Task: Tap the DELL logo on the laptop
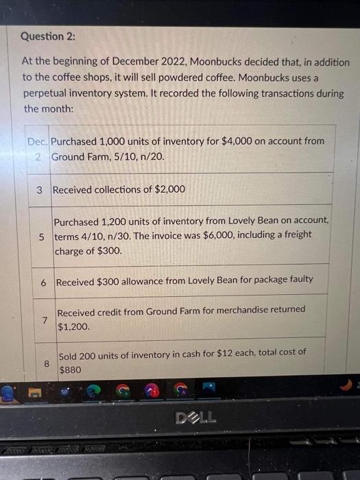(195, 417)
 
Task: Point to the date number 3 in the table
(40, 189)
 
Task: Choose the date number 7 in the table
(44, 320)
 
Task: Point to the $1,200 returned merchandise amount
(74, 327)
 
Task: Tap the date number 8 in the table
(47, 364)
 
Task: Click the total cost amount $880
(71, 370)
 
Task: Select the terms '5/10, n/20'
(137, 156)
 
